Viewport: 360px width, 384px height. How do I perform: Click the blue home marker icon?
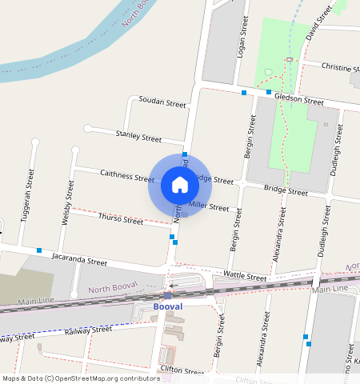(180, 185)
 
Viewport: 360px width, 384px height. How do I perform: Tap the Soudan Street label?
(162, 103)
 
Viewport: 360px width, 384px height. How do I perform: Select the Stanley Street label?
(138, 136)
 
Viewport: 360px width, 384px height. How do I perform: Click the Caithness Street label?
(126, 175)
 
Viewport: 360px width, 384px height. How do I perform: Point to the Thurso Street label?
(120, 218)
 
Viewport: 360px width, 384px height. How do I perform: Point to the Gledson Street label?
(298, 100)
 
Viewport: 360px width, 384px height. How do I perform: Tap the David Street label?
(318, 23)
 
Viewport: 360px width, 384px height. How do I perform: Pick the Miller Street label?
(209, 206)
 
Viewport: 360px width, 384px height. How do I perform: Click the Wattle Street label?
(245, 276)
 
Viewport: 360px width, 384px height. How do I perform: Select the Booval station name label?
(166, 306)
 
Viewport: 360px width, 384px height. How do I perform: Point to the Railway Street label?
(88, 330)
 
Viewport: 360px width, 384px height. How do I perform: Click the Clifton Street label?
(182, 371)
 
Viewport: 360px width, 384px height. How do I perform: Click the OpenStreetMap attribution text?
(81, 378)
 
